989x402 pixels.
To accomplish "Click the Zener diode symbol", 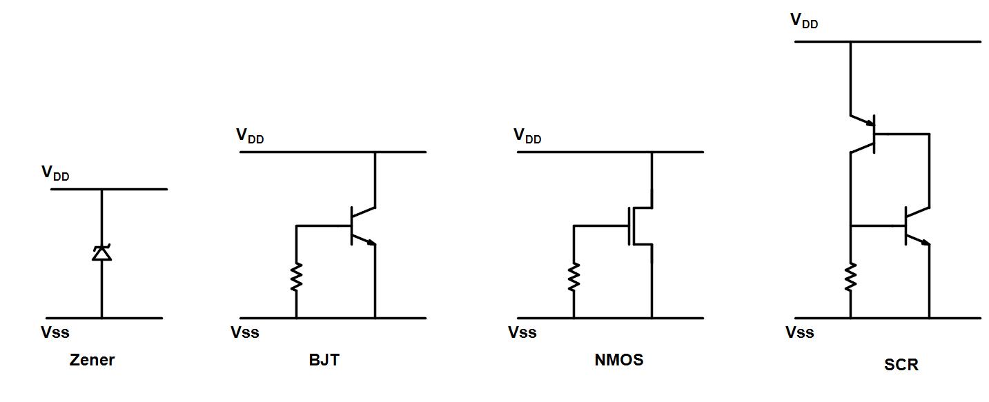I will click(101, 253).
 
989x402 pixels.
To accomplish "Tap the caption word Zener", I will click(92, 360).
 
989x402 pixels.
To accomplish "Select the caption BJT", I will click(324, 360).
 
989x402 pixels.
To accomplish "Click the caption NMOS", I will click(618, 360).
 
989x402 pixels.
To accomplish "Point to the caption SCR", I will click(901, 365).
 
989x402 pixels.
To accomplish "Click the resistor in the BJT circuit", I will click(296, 277).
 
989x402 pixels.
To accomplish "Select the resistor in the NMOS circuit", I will click(574, 277).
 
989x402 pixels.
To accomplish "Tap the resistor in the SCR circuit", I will click(850, 277).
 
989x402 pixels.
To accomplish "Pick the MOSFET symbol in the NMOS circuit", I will click(639, 225).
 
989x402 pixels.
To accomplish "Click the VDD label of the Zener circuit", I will click(55, 174).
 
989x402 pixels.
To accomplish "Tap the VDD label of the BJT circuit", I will click(250, 136).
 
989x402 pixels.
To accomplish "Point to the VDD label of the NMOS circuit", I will click(527, 136).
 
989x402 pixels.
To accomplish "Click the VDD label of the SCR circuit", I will click(804, 21).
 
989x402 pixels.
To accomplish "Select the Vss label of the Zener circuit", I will click(55, 332).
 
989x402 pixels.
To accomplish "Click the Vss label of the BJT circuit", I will click(245, 332).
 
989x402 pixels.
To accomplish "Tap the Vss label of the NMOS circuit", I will click(522, 332).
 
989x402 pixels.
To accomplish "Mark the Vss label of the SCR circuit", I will click(800, 332).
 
